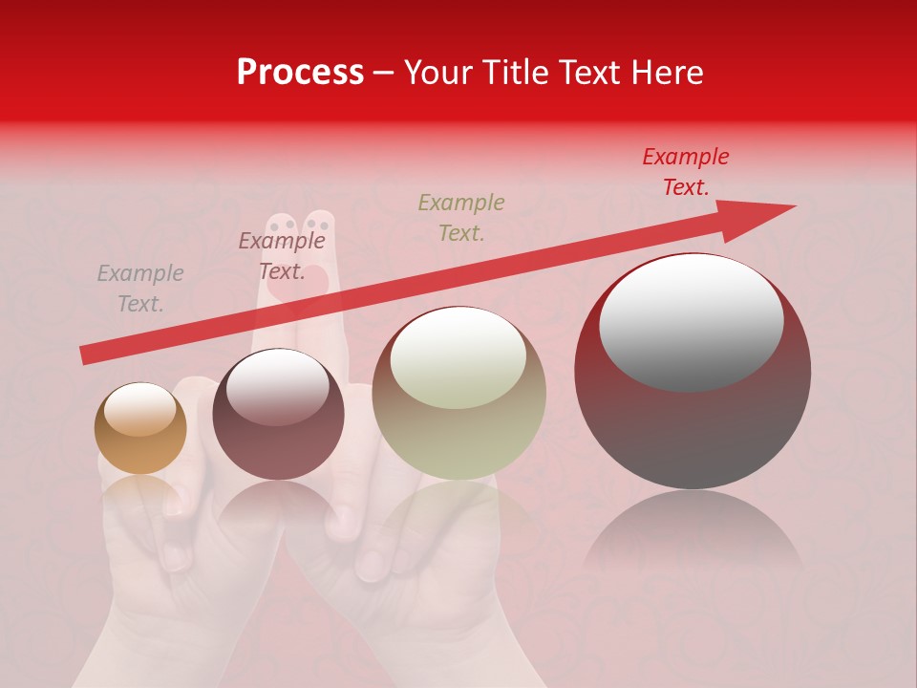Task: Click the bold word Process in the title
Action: click(300, 73)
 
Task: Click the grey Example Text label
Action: click(140, 289)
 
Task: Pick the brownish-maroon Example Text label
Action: click(281, 256)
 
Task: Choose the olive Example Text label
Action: click(461, 217)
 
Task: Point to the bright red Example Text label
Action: click(685, 172)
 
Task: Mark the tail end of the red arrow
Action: click(86, 355)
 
